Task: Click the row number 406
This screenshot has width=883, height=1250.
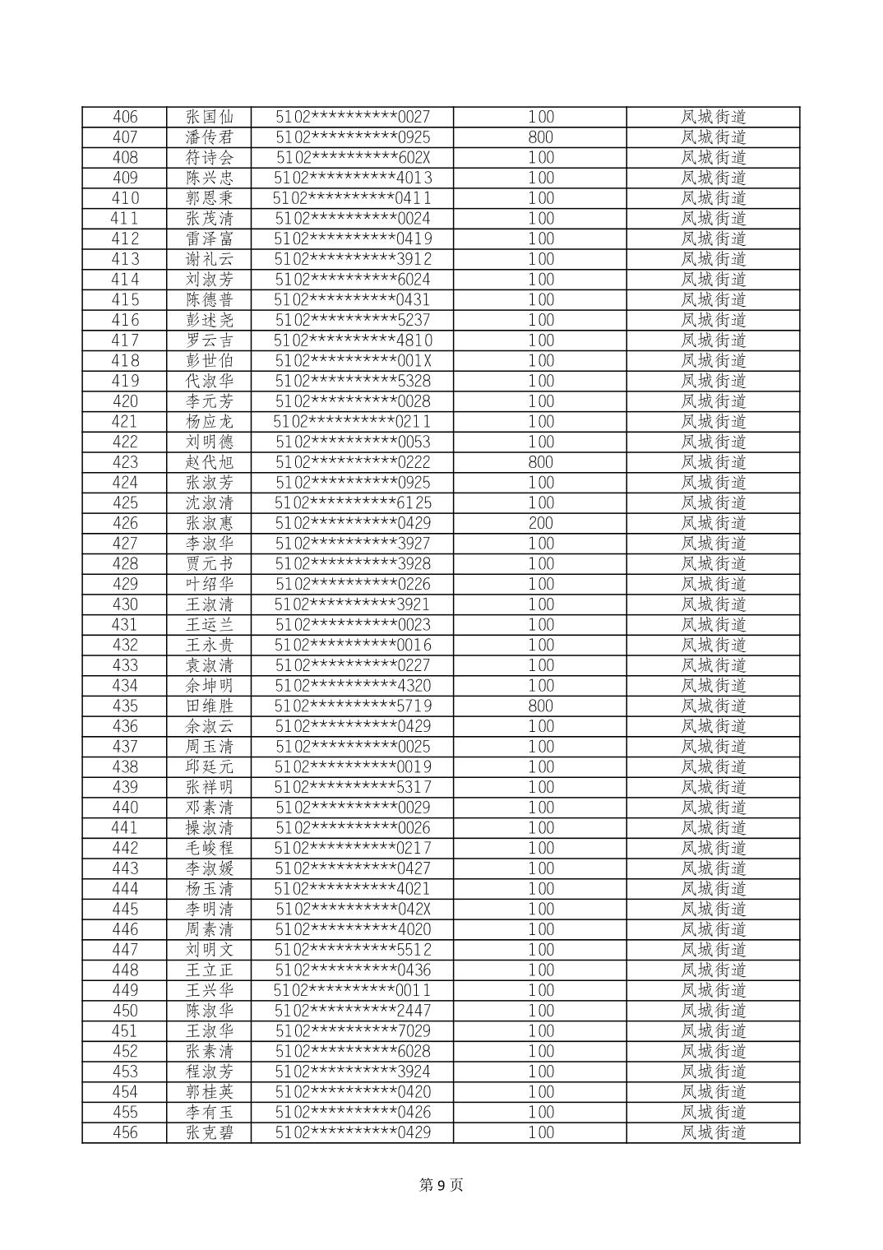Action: [x=125, y=117]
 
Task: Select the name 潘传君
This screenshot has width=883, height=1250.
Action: [x=210, y=137]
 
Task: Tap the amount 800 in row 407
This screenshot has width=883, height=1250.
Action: [x=540, y=137]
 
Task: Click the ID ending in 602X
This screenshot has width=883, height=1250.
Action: [x=353, y=158]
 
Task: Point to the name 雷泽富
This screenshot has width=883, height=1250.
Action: [x=210, y=238]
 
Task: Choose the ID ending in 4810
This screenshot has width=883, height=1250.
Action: [x=353, y=340]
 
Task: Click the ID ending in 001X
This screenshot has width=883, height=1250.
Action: [x=353, y=361]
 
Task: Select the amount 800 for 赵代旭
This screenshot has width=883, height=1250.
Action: [x=540, y=462]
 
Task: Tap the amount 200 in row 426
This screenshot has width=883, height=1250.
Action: [x=540, y=523]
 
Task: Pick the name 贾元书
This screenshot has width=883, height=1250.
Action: [x=210, y=564]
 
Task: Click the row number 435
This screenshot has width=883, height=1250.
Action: [x=125, y=706]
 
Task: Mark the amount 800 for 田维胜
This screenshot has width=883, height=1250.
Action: [x=540, y=706]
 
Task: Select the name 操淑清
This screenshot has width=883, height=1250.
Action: [x=210, y=828]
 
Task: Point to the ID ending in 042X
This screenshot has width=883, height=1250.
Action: [x=353, y=910]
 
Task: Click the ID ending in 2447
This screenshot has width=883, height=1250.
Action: [x=353, y=1011]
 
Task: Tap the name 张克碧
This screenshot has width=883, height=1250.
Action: [x=210, y=1132]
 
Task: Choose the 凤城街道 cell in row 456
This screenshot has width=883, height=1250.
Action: [x=713, y=1132]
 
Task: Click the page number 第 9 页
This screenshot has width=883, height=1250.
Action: [x=441, y=1185]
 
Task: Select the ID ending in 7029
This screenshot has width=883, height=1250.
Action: [x=353, y=1031]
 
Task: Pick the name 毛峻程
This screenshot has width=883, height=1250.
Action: [x=210, y=849]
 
